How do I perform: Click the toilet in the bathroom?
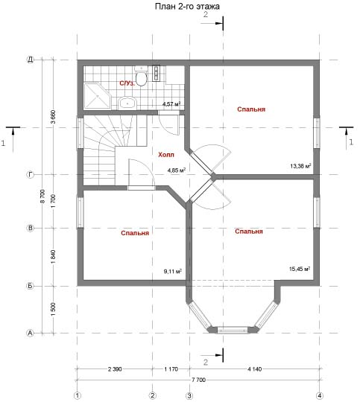(141, 76)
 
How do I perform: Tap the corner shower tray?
(97, 95)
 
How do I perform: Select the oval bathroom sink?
(127, 103)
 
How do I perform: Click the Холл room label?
(166, 155)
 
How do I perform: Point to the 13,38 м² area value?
(300, 165)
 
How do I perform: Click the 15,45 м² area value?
(300, 269)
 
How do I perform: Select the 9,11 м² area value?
(173, 271)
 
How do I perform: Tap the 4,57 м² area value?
(171, 103)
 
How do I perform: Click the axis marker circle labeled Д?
(31, 60)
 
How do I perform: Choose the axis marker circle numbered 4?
(320, 395)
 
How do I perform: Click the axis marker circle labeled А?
(31, 333)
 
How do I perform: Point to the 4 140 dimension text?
(254, 369)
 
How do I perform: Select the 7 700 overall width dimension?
(198, 380)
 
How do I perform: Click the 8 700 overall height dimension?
(42, 196)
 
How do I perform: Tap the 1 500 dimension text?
(53, 309)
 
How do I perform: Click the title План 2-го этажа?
(187, 7)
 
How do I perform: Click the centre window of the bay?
(233, 330)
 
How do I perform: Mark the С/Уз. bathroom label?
(127, 83)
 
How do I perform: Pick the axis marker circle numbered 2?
(153, 395)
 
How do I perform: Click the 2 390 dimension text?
(115, 369)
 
